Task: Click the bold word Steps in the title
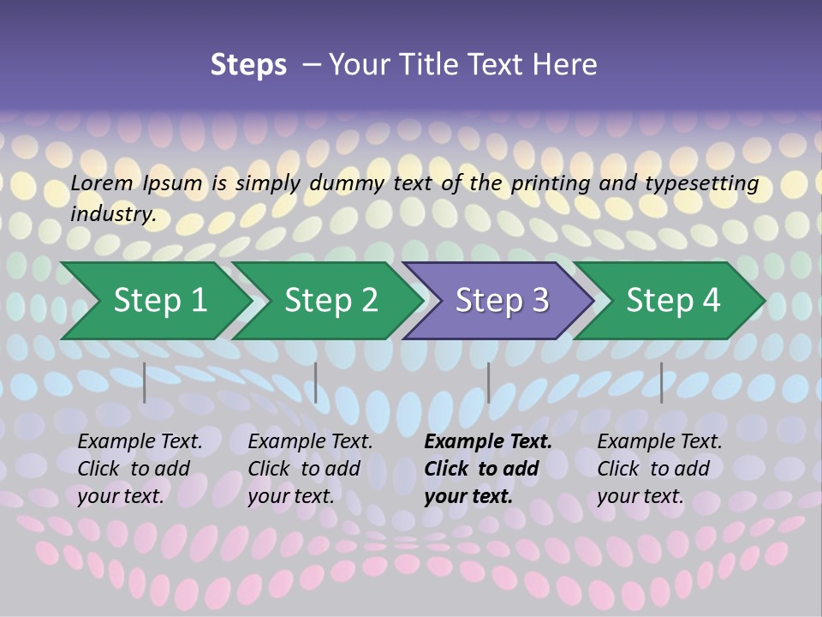point(248,65)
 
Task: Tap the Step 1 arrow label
point(160,301)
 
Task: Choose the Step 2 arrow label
point(331,301)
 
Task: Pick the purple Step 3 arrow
point(502,301)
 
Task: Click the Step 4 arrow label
point(673,301)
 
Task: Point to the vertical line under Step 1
point(145,382)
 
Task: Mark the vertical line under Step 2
point(316,382)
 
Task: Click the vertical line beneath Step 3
point(488,382)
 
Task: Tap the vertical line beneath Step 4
point(661,382)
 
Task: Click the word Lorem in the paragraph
point(102,183)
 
